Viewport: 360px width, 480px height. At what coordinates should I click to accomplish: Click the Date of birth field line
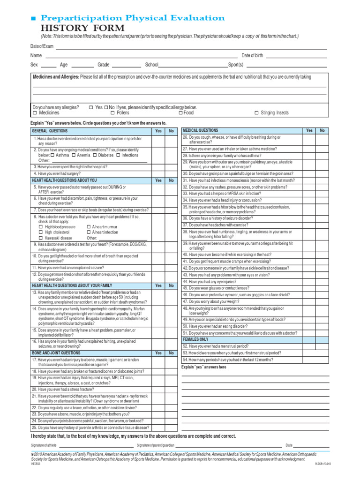point(296,55)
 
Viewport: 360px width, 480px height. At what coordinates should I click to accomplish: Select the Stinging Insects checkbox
point(256,113)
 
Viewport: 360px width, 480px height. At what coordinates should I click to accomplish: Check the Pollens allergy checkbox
point(113,113)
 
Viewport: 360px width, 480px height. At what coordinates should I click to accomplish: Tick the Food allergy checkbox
point(181,113)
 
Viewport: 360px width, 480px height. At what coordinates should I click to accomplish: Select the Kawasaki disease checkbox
point(41,238)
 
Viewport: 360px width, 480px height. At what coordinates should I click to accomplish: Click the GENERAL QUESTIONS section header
point(50,131)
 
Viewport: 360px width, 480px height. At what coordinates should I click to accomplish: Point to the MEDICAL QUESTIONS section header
point(200,130)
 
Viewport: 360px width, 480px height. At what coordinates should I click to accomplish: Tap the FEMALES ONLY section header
point(195,339)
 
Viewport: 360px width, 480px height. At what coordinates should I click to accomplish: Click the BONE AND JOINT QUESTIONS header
point(56,352)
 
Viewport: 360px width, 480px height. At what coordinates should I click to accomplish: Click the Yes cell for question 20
point(158,389)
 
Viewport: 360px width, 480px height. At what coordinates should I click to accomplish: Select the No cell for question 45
point(322,288)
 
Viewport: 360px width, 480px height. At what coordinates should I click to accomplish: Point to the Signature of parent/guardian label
point(155,445)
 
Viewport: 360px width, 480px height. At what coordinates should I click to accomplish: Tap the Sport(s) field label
point(236,65)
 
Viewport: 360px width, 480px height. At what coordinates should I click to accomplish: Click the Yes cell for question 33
point(309,193)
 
